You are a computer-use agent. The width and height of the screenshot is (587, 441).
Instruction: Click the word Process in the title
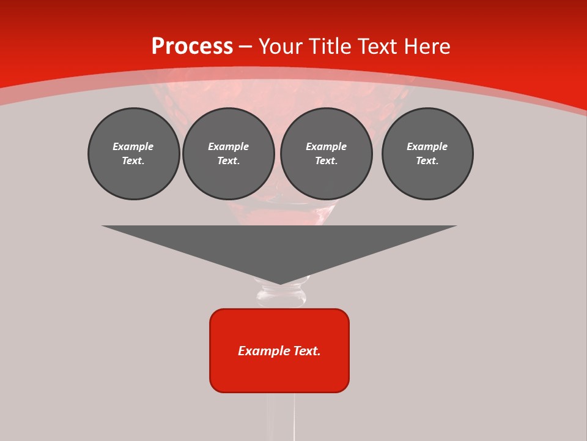[192, 47]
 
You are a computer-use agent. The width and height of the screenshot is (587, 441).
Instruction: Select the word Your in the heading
[281, 47]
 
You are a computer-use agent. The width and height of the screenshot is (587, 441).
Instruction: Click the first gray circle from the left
[133, 154]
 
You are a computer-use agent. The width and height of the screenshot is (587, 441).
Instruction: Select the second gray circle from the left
[228, 154]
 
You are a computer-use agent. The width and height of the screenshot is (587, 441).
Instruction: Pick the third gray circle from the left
[326, 154]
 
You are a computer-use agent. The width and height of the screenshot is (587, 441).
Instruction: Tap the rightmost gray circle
[427, 154]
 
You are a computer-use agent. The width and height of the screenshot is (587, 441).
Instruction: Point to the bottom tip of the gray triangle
[279, 283]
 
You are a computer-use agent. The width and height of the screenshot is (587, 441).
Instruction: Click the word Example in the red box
[264, 351]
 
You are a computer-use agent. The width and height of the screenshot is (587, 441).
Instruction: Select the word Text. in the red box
[306, 351]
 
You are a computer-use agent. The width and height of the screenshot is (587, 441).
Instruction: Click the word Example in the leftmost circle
[133, 146]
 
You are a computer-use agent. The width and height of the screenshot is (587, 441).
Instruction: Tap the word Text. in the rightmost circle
[427, 161]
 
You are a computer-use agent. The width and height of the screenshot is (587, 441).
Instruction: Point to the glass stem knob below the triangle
[282, 296]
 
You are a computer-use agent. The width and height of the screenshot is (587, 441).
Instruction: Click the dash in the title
[246, 47]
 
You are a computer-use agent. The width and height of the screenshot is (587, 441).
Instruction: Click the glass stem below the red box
[281, 417]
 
